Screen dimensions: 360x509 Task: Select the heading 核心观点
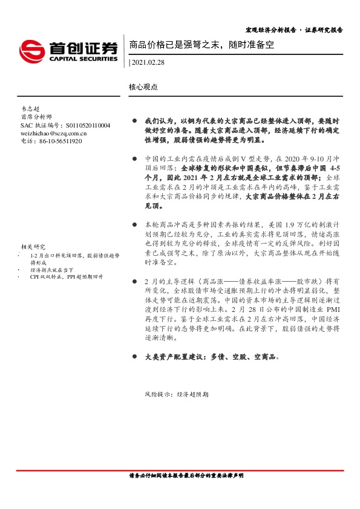[143, 87]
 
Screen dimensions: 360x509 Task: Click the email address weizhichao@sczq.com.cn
[53, 133]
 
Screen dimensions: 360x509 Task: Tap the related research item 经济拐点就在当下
[50, 270]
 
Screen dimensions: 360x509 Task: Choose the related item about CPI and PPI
[66, 276]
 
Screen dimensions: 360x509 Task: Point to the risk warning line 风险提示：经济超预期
[168, 394]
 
